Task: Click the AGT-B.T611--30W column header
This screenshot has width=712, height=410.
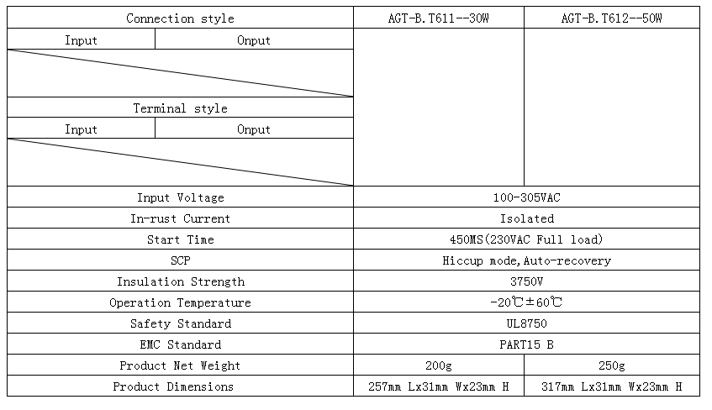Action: point(438,18)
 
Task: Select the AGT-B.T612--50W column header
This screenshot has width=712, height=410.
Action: point(611,18)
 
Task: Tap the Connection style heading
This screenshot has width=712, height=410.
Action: point(180,18)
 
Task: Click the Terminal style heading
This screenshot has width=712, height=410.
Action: point(180,108)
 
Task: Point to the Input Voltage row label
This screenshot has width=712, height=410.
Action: point(180,197)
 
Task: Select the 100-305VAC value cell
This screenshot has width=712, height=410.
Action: point(527,197)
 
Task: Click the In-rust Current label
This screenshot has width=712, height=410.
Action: point(180,218)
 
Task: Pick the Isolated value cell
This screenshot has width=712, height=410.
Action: point(527,218)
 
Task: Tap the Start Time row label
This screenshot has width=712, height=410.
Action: point(180,239)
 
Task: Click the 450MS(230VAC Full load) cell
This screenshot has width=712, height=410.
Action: point(527,239)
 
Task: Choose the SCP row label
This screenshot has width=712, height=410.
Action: point(180,260)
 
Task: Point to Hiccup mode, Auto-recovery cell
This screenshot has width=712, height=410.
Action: point(527,260)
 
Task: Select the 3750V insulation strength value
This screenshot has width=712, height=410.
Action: point(527,281)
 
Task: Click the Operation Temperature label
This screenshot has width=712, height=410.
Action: point(180,302)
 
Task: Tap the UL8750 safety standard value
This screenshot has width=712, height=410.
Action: point(527,323)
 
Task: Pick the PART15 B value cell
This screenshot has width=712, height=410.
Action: point(527,344)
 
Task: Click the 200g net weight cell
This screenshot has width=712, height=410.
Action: point(439,365)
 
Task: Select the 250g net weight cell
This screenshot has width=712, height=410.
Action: point(612,365)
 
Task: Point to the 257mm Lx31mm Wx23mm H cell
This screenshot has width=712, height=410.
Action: point(439,386)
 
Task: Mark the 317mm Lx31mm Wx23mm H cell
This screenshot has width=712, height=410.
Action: point(612,386)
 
